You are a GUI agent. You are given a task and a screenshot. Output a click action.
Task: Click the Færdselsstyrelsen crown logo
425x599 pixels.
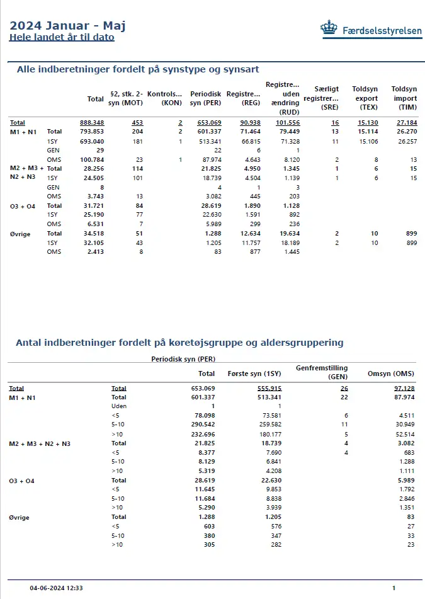(x=329, y=28)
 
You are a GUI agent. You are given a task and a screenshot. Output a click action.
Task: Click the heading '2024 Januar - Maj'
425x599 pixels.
(x=67, y=25)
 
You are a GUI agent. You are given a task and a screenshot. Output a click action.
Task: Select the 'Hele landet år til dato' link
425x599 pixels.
(x=61, y=37)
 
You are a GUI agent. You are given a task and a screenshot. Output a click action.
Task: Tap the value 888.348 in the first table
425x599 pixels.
(x=92, y=122)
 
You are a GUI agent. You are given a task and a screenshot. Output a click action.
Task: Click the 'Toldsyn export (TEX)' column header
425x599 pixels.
(x=365, y=98)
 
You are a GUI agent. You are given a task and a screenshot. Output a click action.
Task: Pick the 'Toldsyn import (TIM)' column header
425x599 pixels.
(x=404, y=98)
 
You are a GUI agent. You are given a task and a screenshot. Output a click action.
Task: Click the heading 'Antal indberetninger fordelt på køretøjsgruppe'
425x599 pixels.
(x=179, y=343)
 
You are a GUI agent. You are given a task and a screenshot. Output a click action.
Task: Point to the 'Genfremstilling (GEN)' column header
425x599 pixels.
(x=321, y=372)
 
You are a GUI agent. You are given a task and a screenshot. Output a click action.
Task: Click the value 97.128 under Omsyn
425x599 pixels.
(x=400, y=389)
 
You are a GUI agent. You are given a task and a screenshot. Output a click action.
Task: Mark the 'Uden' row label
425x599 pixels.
(x=119, y=406)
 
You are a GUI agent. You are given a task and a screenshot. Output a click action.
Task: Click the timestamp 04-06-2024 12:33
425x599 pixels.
(x=56, y=588)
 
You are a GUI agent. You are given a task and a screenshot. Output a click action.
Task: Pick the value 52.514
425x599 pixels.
(x=402, y=435)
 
